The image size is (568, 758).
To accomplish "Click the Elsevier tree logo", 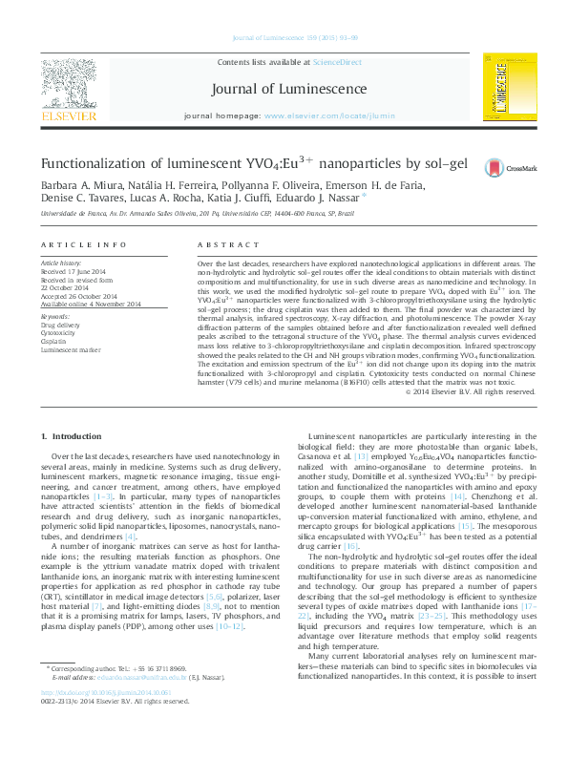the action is pyautogui.click(x=69, y=84).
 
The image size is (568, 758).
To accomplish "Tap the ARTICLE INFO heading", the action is pyautogui.click(x=83, y=244).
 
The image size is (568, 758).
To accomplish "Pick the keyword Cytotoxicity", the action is pyautogui.click(x=60, y=333).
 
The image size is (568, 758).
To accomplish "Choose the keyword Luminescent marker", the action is pyautogui.click(x=69, y=350).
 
